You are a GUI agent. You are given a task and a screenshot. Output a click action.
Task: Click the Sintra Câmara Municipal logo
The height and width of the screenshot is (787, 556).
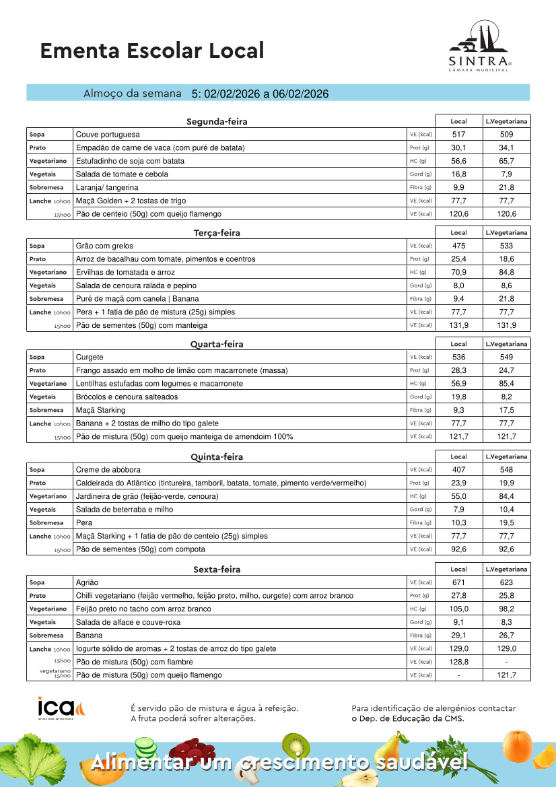click(480, 47)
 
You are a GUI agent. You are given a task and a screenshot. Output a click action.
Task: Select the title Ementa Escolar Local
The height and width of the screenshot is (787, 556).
click(152, 50)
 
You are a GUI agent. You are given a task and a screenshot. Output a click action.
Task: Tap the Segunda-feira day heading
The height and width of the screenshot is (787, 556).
click(217, 122)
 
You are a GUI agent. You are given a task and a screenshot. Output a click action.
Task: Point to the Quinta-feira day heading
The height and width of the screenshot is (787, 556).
click(217, 456)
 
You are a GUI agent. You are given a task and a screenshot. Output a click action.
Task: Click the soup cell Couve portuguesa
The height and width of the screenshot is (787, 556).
click(108, 135)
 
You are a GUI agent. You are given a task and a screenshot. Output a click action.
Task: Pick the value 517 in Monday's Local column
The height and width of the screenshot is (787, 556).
click(458, 135)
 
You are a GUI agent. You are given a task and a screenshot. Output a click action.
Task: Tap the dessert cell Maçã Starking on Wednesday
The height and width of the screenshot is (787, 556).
click(100, 410)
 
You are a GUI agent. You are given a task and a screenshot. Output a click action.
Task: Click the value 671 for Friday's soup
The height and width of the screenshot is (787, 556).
click(458, 582)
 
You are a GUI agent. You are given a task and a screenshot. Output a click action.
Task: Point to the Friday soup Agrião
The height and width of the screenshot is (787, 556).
click(88, 582)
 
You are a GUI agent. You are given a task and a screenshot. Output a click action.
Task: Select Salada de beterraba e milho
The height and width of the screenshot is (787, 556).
click(125, 510)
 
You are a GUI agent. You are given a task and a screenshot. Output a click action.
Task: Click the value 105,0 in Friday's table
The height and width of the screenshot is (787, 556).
click(458, 609)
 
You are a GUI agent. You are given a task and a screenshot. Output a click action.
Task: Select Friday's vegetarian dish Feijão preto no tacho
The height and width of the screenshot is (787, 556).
click(143, 609)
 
